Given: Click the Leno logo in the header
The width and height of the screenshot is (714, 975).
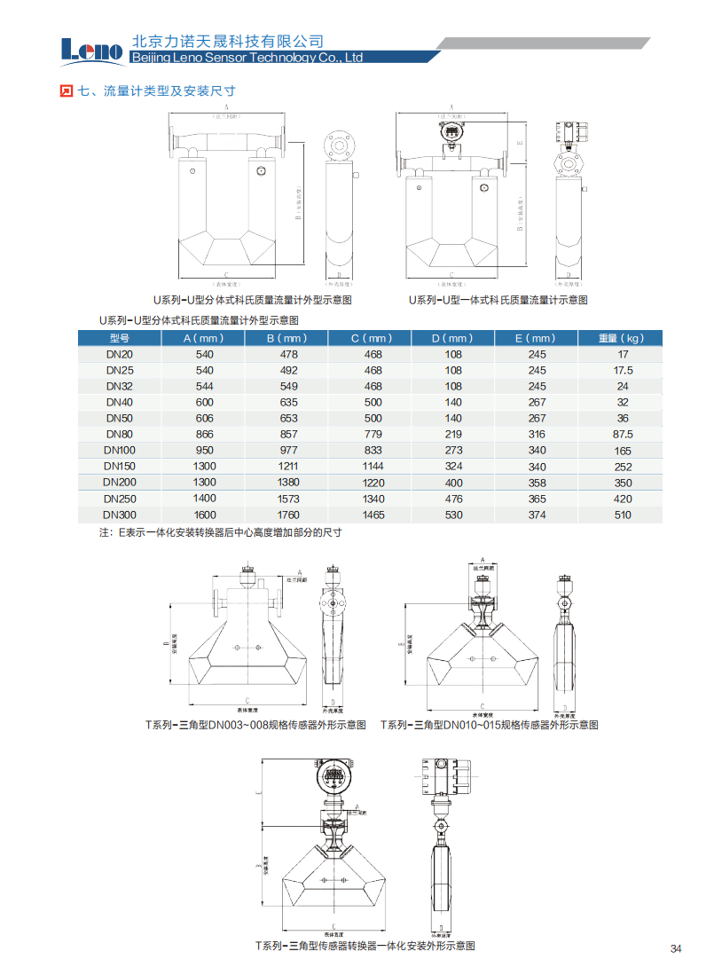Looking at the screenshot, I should [x=91, y=51].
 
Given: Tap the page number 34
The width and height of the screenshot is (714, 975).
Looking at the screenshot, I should [x=676, y=949].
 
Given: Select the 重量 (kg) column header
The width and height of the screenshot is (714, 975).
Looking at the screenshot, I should [x=620, y=338].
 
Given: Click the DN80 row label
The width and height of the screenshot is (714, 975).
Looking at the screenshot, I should [x=119, y=434].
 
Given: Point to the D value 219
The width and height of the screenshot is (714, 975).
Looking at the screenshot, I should [x=453, y=434].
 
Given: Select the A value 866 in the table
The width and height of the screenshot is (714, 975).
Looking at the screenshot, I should [x=204, y=434].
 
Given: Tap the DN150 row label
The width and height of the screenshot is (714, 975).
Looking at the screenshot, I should [x=119, y=466].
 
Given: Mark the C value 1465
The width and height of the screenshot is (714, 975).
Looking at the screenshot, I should [x=373, y=515].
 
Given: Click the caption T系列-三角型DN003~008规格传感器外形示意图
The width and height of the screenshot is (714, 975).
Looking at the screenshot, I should [x=255, y=725].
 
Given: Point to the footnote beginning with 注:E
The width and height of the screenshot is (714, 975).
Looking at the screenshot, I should [x=220, y=533].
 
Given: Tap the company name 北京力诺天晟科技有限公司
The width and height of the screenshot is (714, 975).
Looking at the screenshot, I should [x=227, y=42].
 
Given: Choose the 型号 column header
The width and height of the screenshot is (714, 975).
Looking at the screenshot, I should [x=119, y=338].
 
